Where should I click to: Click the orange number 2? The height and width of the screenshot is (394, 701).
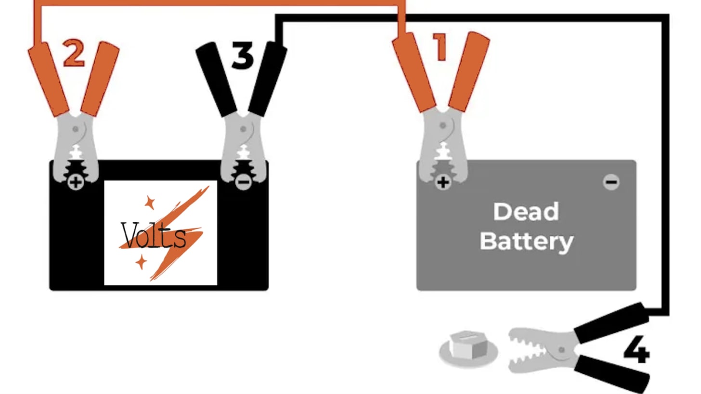(x=74, y=54)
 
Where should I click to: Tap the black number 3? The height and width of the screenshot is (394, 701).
(x=242, y=56)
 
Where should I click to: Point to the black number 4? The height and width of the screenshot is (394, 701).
(x=636, y=350)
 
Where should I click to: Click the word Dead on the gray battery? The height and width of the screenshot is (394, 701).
(x=526, y=212)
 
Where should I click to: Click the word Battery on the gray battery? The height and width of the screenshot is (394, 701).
(x=526, y=241)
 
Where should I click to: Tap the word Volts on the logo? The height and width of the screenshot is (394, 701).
(x=154, y=235)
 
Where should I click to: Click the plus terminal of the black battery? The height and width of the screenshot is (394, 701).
(x=75, y=182)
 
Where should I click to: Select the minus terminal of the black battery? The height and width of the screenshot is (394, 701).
(x=243, y=182)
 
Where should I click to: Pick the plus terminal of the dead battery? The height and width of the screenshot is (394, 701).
(x=442, y=182)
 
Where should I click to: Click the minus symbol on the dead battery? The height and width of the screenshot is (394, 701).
(x=611, y=182)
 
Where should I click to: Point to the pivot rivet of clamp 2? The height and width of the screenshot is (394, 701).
(x=76, y=129)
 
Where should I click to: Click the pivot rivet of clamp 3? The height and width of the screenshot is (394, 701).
(x=243, y=129)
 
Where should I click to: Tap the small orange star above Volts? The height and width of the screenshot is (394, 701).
(x=149, y=203)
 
